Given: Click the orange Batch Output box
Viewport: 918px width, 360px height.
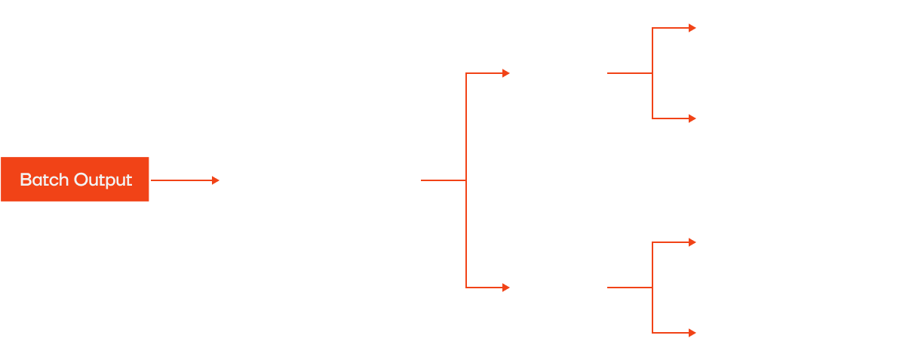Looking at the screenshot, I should (x=75, y=180).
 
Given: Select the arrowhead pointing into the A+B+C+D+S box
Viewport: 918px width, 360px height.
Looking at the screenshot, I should (x=216, y=180).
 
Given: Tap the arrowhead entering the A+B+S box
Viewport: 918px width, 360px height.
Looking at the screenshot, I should (x=506, y=73).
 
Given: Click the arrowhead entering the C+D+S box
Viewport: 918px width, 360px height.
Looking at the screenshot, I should (x=506, y=288).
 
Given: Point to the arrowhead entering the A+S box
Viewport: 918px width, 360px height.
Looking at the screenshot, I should (x=692, y=29).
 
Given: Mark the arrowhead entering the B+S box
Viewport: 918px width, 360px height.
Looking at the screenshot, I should (x=692, y=118).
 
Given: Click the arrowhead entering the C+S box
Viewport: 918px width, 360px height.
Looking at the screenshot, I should (x=692, y=243).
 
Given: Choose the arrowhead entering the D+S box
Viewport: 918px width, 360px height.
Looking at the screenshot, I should (x=692, y=333).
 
